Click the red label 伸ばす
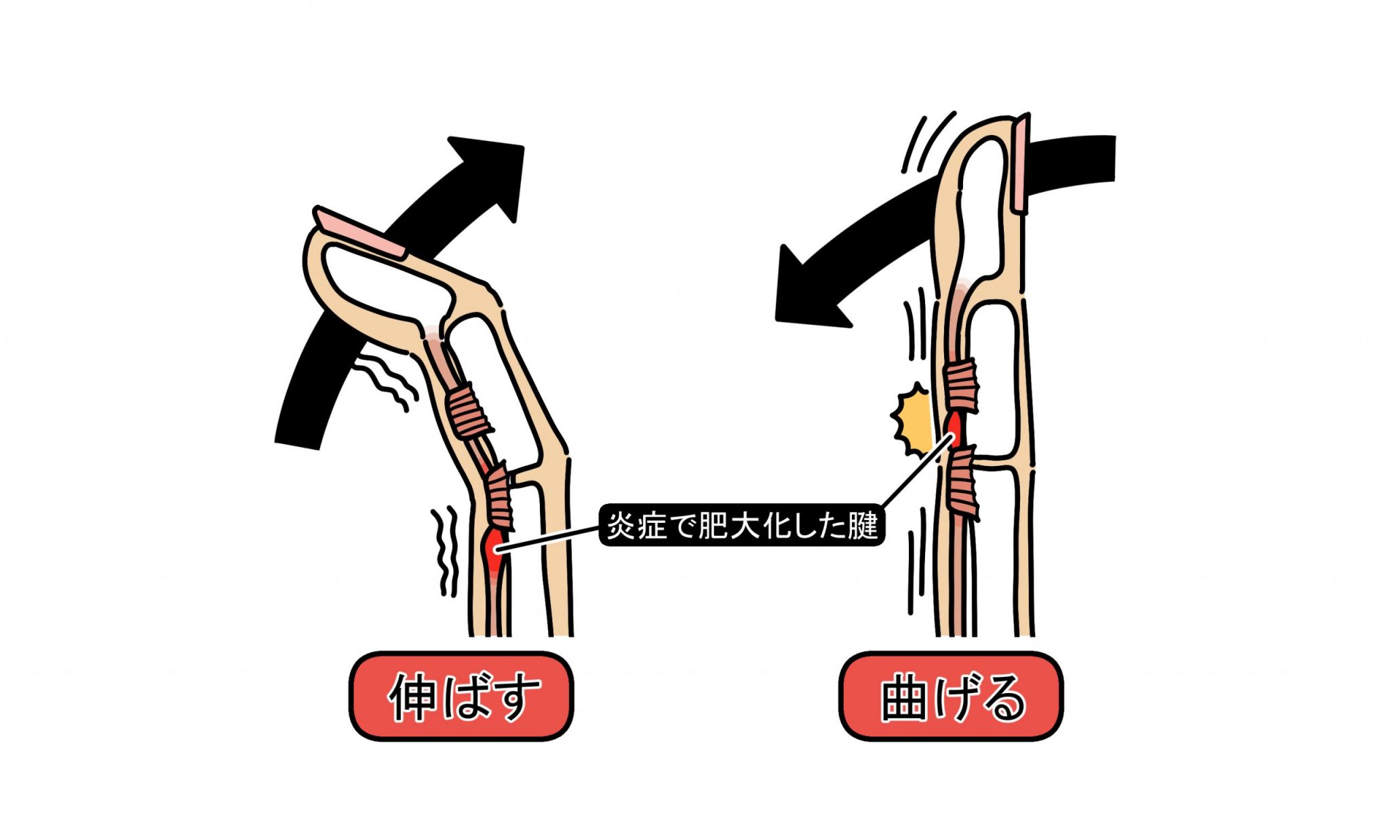[461, 696]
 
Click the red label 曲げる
[951, 696]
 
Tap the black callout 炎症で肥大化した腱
[742, 526]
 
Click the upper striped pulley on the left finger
[468, 410]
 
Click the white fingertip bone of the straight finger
[983, 203]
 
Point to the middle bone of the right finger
[994, 380]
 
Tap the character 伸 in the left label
[413, 696]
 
